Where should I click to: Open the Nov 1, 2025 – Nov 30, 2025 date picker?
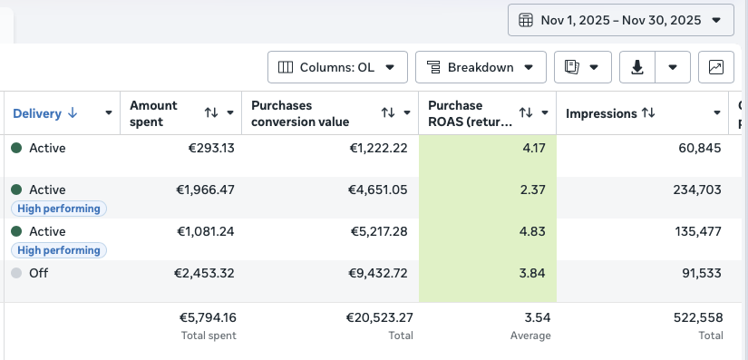(621, 20)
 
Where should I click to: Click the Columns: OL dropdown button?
(337, 67)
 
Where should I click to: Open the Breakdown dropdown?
(481, 67)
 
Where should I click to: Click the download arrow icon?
(637, 67)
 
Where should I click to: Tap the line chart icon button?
(716, 67)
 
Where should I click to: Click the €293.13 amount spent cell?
(211, 149)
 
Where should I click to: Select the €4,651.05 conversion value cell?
(378, 190)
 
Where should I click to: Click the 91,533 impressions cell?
(700, 273)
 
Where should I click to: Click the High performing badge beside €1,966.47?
(59, 209)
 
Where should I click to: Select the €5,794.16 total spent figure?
(208, 317)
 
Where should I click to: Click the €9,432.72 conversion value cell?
(379, 273)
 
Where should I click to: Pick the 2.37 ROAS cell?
(533, 190)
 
